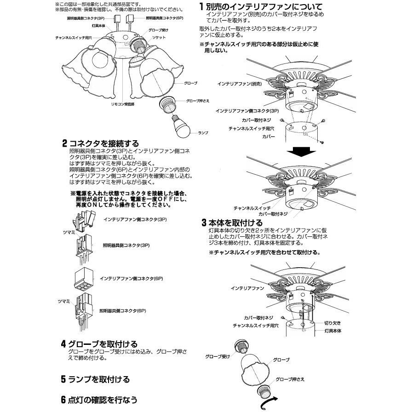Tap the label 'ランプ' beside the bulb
pyautogui.click(x=203, y=132)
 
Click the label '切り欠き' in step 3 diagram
pyautogui.click(x=332, y=322)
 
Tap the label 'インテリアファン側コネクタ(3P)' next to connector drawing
pyautogui.click(x=136, y=220)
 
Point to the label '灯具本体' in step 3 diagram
pyautogui.click(x=332, y=331)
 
